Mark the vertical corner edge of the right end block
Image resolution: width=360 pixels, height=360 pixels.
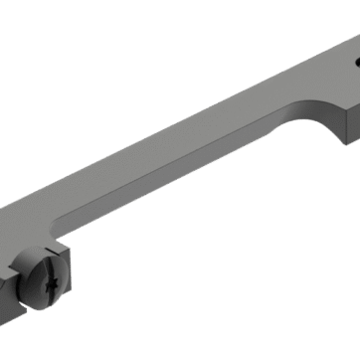344,125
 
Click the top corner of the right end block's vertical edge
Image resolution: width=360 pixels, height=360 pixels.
344,108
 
